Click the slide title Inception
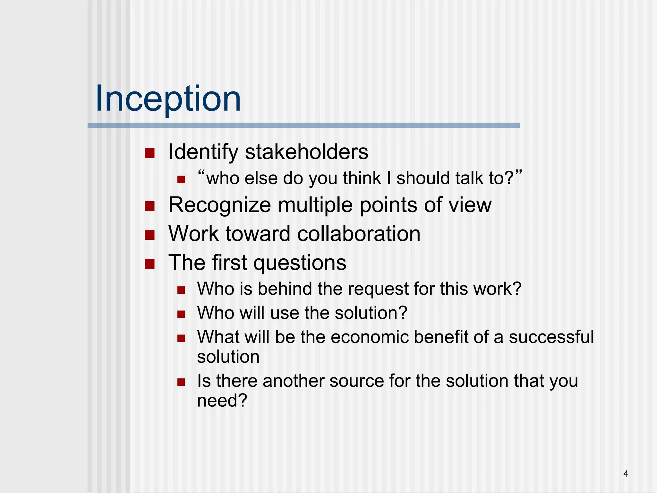pyautogui.click(x=168, y=99)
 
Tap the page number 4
pyautogui.click(x=626, y=473)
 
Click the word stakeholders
pyautogui.click(x=306, y=152)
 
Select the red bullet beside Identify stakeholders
pyautogui.click(x=149, y=153)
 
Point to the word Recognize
pyautogui.click(x=219, y=205)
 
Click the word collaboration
pyautogui.click(x=358, y=234)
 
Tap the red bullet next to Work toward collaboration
pyautogui.click(x=149, y=235)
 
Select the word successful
pyautogui.click(x=551, y=337)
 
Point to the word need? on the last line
pyautogui.click(x=222, y=401)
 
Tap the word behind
pyautogui.click(x=285, y=289)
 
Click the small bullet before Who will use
pyautogui.click(x=181, y=314)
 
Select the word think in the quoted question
pyautogui.click(x=361, y=178)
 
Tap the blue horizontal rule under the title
pyautogui.click(x=304, y=125)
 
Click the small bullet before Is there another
pyautogui.click(x=181, y=382)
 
